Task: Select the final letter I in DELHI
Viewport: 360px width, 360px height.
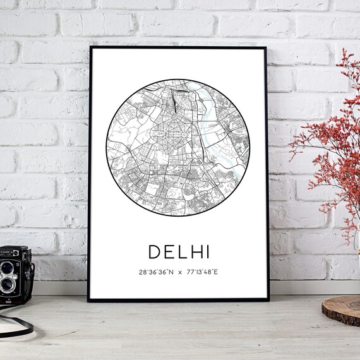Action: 206,251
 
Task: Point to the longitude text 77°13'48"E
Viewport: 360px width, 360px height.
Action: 202,272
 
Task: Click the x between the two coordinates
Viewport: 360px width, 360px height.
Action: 180,272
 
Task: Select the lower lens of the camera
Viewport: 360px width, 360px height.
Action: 7,285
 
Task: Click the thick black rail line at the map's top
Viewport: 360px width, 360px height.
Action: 174,99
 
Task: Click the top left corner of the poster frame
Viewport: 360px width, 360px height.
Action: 90,47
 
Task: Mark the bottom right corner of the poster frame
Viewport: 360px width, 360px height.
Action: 268,300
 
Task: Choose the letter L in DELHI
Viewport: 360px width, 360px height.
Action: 180,251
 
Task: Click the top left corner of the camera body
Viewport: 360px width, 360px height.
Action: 1,247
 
